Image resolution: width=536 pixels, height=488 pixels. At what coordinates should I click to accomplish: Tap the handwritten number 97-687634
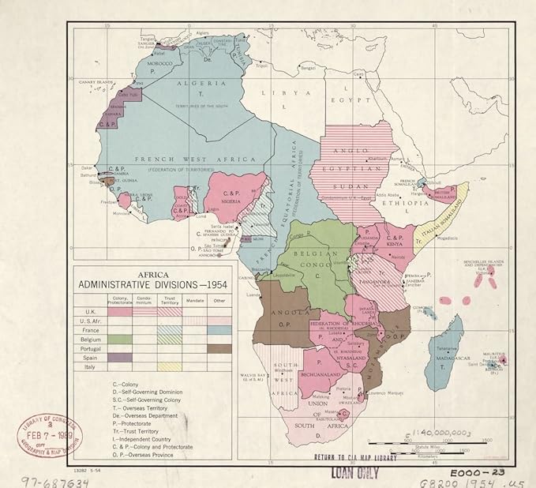(x=45, y=479)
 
